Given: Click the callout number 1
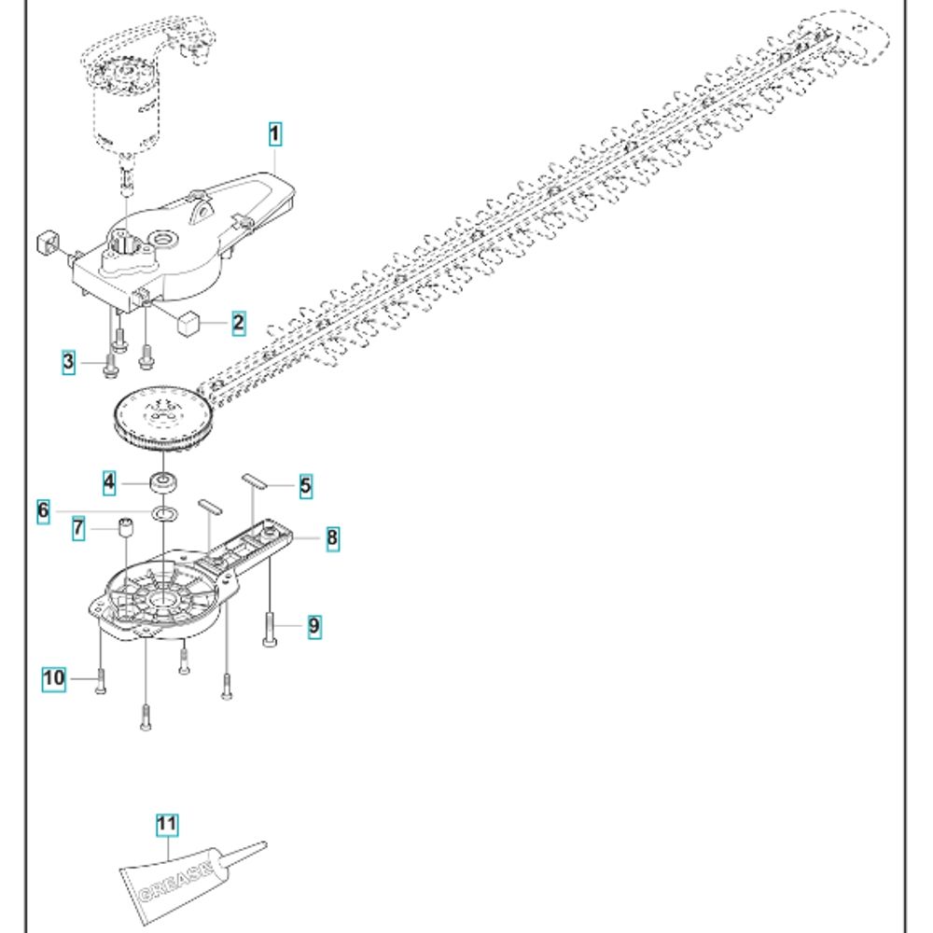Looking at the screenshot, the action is click(274, 133).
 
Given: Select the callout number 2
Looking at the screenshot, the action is click(238, 323).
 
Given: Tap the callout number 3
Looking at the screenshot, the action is click(69, 362).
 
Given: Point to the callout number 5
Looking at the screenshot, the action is click(305, 486).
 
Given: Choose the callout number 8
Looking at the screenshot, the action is click(333, 538).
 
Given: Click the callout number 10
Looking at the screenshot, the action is click(53, 677).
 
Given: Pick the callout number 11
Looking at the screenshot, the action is click(167, 824).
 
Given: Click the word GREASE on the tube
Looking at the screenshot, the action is click(175, 883).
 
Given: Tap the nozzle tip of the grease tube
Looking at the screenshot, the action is click(265, 843).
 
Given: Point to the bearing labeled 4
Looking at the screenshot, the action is click(165, 481).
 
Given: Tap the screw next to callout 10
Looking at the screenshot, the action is click(101, 680).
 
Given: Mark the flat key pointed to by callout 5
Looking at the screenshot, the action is click(254, 481).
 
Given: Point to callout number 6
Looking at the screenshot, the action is click(43, 511).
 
